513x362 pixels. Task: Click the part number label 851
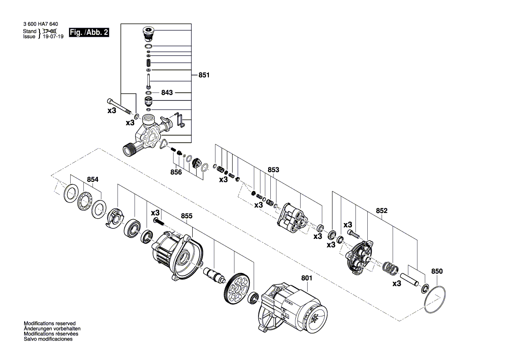pos(204,75)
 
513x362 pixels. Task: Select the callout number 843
pos(167,93)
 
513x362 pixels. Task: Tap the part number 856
pos(176,172)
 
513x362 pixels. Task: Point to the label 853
pos(273,170)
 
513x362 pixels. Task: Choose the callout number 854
pos(93,180)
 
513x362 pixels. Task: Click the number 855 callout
pos(187,216)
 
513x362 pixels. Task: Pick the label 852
pos(382,211)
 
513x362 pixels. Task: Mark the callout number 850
pos(437,272)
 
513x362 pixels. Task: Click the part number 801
pos(307,278)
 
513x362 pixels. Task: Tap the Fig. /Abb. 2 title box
pos(89,32)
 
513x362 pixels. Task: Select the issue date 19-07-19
pos(54,36)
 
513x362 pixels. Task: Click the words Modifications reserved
pos(50,323)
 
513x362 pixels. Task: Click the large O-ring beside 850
pos(434,300)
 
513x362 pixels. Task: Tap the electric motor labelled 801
pos(293,308)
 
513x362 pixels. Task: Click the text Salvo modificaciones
pos(48,339)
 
